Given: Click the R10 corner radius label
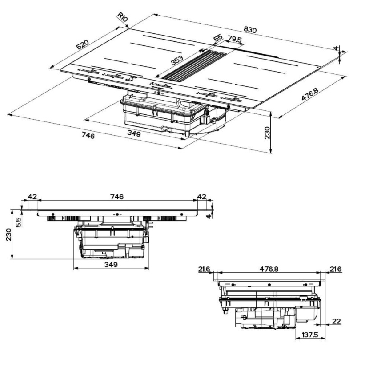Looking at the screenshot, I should [123, 17].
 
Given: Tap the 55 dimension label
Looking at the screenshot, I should [217, 39].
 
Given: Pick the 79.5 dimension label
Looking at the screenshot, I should [234, 40].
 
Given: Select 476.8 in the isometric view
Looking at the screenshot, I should [310, 97].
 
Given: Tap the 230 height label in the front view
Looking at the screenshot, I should [8, 235].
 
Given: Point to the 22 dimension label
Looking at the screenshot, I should [337, 321].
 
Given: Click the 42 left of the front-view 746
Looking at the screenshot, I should [32, 197].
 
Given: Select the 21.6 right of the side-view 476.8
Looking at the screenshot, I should [336, 269].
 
